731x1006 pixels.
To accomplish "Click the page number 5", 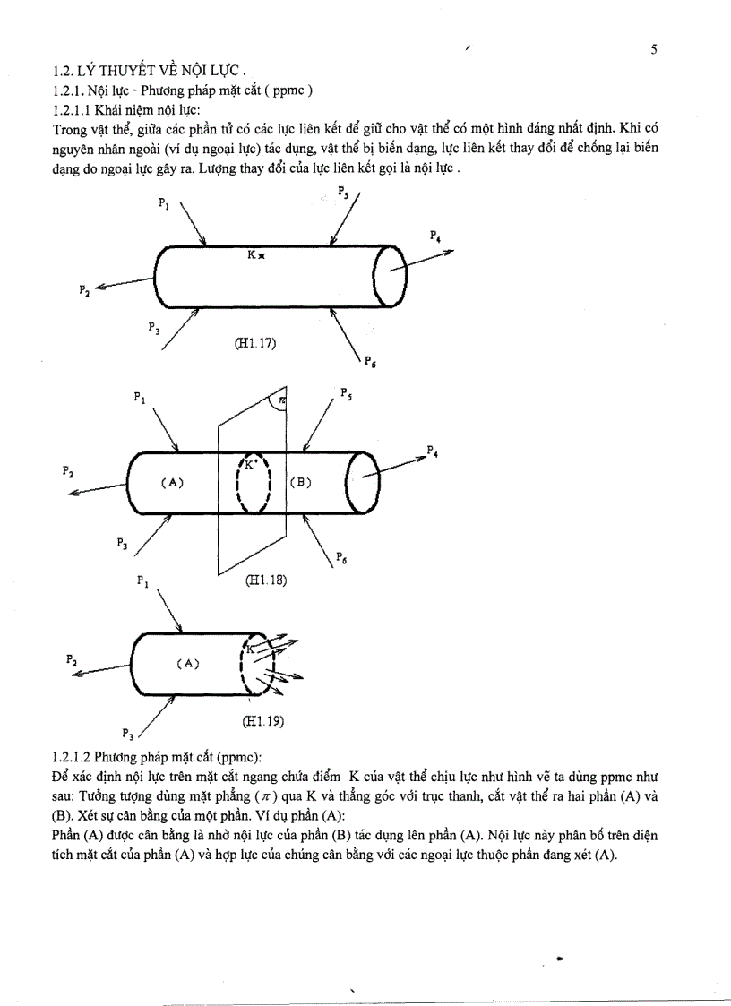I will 654,50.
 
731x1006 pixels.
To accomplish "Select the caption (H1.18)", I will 265,580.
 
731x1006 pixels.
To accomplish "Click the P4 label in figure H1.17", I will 435,236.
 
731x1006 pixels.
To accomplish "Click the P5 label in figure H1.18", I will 346,393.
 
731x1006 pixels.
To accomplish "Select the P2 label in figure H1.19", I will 72,659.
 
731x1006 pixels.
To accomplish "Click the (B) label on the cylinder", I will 300,482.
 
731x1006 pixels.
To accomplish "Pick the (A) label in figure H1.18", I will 172,482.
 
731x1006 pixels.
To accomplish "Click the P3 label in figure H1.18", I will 122,543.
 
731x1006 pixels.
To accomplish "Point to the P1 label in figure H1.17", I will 164,203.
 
